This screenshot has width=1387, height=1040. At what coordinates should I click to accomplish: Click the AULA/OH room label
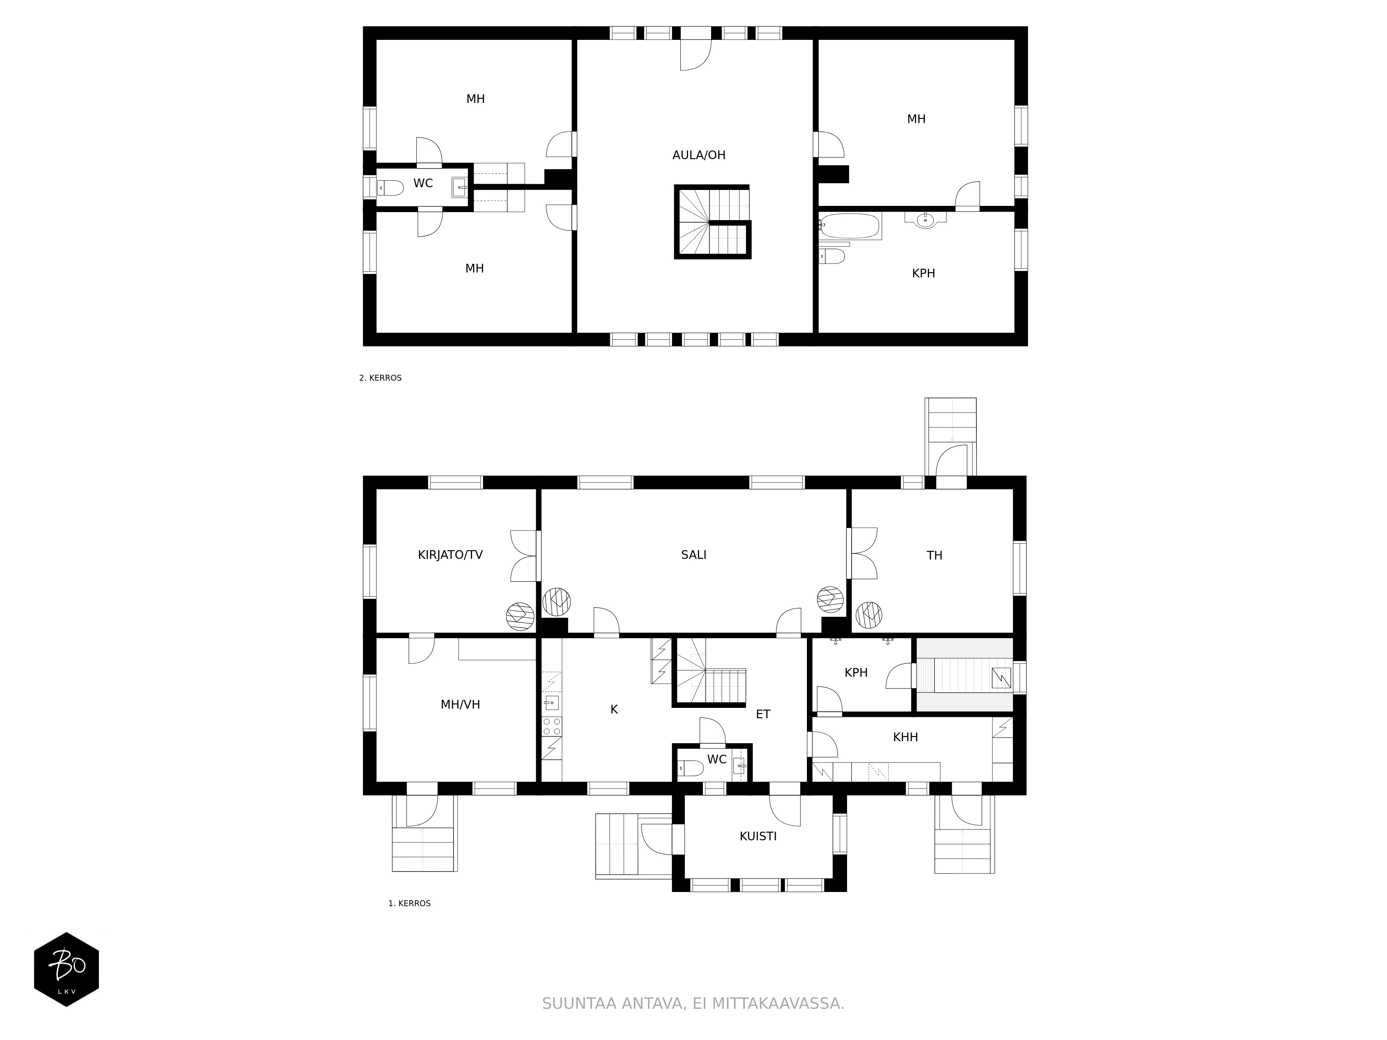(x=698, y=155)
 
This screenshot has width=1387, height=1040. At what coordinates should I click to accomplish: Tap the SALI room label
(x=693, y=555)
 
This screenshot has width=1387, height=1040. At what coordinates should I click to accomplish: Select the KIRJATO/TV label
(x=450, y=555)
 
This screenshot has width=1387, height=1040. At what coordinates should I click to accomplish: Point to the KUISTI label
(x=758, y=836)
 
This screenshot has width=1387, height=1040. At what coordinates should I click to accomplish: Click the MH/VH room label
(x=460, y=705)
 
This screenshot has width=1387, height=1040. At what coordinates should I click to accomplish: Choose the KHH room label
(x=905, y=737)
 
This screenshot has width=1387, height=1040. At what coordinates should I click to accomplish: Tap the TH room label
(x=934, y=555)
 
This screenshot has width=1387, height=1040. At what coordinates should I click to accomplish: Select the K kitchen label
(x=614, y=710)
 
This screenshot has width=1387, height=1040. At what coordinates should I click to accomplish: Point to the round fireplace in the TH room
(x=869, y=615)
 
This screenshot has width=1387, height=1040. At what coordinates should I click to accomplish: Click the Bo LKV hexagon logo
(x=67, y=969)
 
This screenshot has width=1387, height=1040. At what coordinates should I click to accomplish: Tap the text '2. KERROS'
(x=380, y=378)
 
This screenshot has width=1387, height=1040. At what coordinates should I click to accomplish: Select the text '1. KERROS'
(x=410, y=903)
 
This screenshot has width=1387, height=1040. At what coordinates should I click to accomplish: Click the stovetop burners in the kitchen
(x=552, y=727)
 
